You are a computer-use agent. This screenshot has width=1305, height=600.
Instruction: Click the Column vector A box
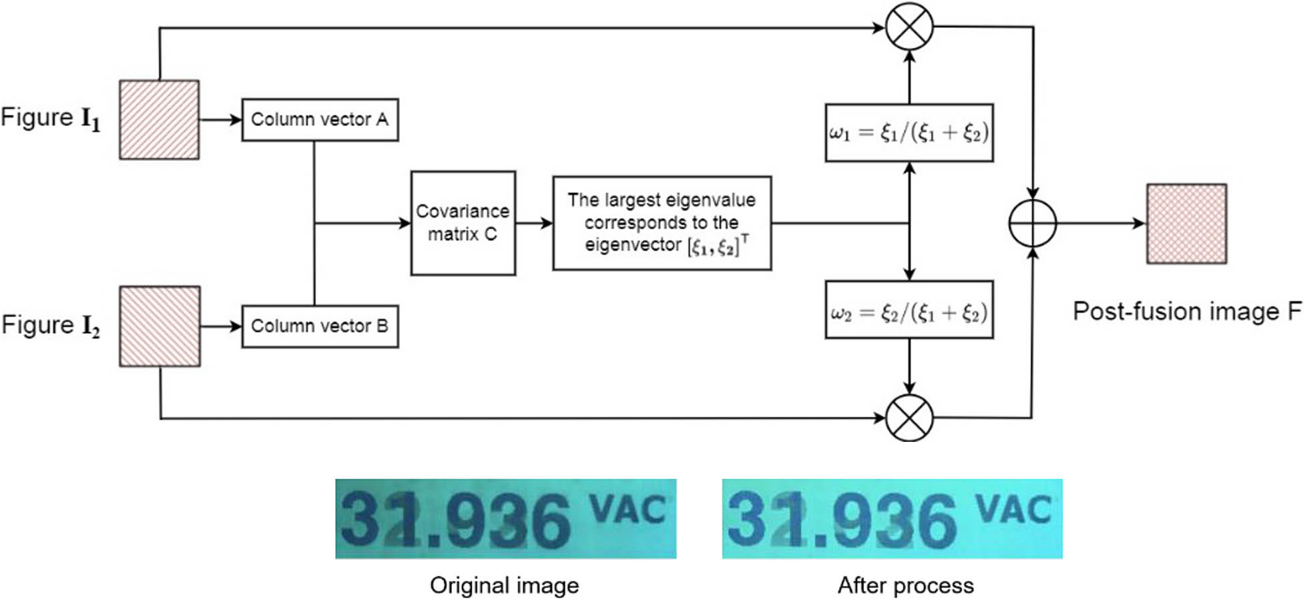click(x=320, y=120)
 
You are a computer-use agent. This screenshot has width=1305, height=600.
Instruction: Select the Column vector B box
click(x=320, y=326)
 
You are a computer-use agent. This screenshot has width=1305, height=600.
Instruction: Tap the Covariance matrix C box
click(x=463, y=223)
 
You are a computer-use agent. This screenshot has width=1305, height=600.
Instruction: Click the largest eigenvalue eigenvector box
click(x=662, y=223)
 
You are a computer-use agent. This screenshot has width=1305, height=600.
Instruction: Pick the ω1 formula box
click(x=908, y=133)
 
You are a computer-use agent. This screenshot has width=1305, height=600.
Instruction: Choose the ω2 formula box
click(x=908, y=310)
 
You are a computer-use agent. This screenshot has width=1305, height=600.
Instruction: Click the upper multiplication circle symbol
click(x=909, y=27)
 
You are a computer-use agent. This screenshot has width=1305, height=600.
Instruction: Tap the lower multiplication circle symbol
click(x=909, y=418)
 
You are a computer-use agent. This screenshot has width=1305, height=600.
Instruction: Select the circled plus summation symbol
click(x=1032, y=223)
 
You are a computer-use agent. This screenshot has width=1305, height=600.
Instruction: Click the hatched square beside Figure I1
click(x=159, y=120)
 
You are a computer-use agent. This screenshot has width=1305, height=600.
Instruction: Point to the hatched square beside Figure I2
click(x=160, y=326)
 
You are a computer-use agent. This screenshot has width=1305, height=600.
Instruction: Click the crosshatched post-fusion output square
click(x=1186, y=224)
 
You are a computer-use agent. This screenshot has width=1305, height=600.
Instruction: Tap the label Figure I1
click(x=51, y=118)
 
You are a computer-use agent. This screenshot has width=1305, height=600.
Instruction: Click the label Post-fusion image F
click(x=1186, y=312)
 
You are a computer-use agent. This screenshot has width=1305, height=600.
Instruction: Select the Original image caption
click(x=505, y=585)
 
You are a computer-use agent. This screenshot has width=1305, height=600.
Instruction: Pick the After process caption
click(x=905, y=585)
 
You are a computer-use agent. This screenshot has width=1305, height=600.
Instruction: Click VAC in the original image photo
click(x=628, y=511)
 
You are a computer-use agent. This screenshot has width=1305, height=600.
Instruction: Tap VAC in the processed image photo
click(x=1013, y=511)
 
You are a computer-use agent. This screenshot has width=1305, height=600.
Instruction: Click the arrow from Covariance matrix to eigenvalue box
click(x=534, y=223)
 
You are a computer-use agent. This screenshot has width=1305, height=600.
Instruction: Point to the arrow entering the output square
click(x=1101, y=223)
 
